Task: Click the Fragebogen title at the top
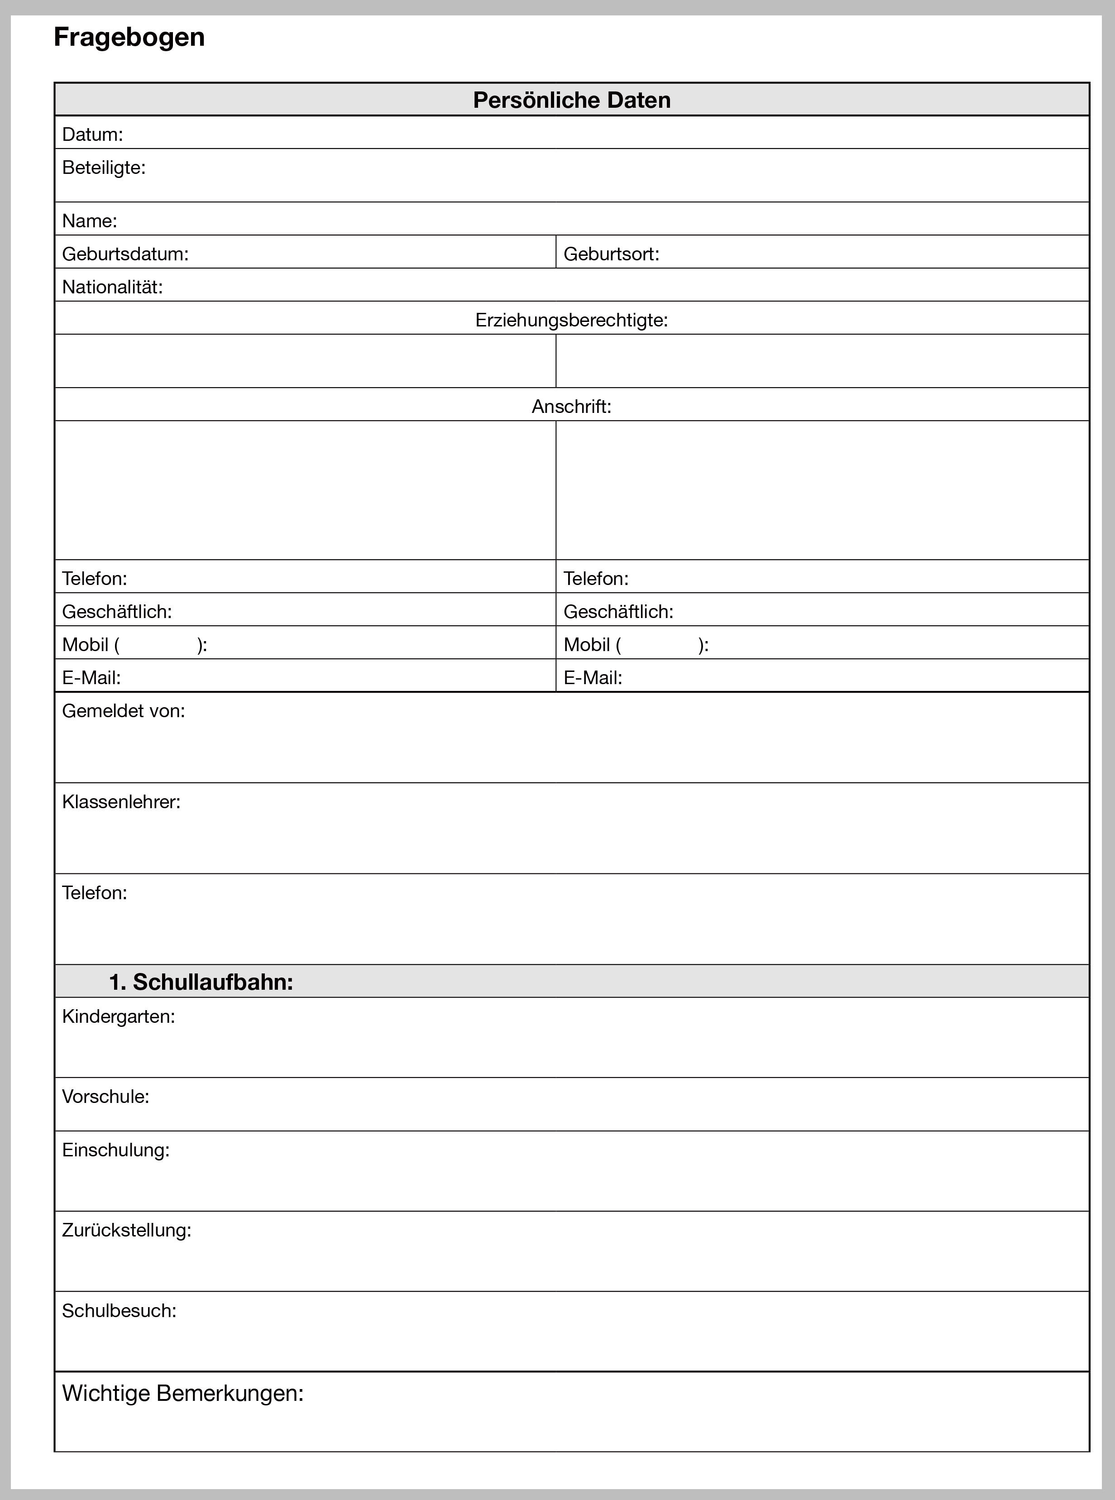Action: point(129,37)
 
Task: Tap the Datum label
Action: point(92,134)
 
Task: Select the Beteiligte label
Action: point(104,168)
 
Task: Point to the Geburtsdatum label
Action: point(125,254)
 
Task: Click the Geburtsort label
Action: point(611,254)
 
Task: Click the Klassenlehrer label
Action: point(121,802)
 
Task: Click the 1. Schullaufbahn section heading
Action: point(201,982)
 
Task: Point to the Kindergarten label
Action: point(119,1016)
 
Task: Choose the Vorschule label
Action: point(106,1096)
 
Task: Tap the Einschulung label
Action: point(116,1150)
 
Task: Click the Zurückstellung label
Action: point(127,1230)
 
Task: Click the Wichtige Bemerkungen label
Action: point(183,1393)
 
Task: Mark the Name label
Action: point(90,221)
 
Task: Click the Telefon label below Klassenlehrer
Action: point(95,893)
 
